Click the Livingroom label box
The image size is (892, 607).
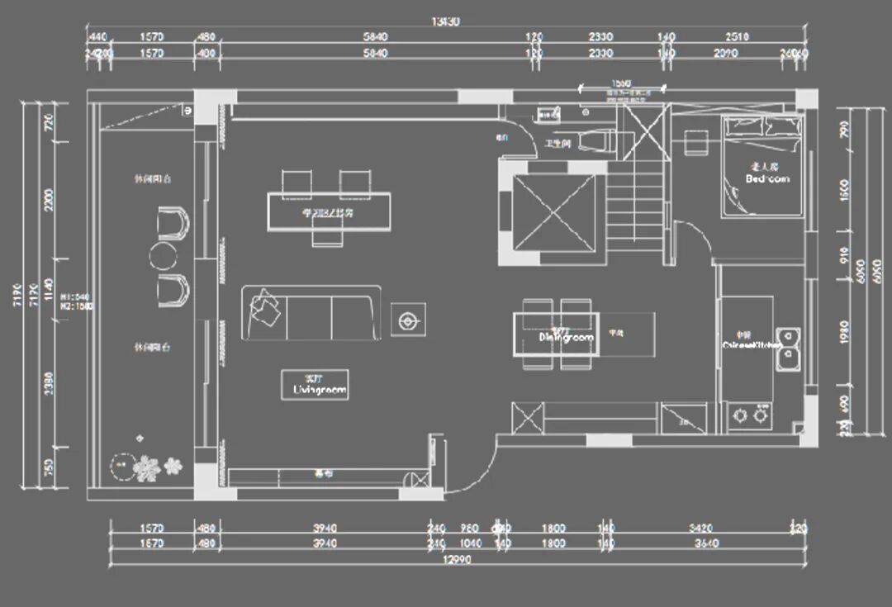pyautogui.click(x=315, y=384)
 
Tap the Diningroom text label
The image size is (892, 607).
pyautogui.click(x=566, y=338)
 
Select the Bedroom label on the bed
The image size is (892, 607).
pyautogui.click(x=766, y=178)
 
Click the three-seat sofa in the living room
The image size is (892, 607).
pyautogui.click(x=311, y=313)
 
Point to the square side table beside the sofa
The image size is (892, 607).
pyautogui.click(x=408, y=319)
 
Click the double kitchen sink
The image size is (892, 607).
pyautogui.click(x=789, y=347)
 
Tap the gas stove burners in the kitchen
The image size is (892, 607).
pyautogui.click(x=749, y=416)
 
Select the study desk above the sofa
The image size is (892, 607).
pyautogui.click(x=328, y=211)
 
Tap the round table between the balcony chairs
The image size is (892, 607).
pyautogui.click(x=163, y=256)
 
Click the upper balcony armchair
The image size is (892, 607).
pyautogui.click(x=173, y=224)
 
